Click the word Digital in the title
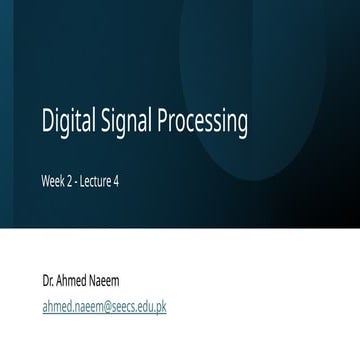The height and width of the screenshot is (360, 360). click(68, 120)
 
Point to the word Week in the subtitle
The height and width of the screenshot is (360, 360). click(53, 181)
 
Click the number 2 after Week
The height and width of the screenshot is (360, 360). click(70, 181)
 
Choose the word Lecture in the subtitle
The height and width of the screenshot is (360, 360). click(96, 181)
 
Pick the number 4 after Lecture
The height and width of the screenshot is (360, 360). click(116, 181)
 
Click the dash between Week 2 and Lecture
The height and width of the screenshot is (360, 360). click(76, 183)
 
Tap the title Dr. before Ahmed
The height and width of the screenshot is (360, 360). click(48, 281)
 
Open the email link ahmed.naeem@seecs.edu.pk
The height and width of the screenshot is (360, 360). click(104, 307)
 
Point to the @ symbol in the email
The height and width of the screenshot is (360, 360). click(107, 308)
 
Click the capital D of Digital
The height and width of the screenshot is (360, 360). click(47, 120)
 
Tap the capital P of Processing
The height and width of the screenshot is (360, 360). click(163, 120)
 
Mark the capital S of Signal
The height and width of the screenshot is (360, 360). click(107, 120)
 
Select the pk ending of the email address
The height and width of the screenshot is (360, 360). click(161, 308)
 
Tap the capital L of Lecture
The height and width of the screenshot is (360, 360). click(83, 181)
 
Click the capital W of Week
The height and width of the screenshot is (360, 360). click(46, 181)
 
